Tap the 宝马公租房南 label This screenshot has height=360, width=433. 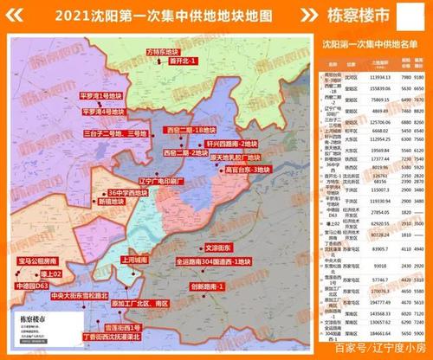(38, 260)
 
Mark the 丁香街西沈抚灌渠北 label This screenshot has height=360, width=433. (113, 337)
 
